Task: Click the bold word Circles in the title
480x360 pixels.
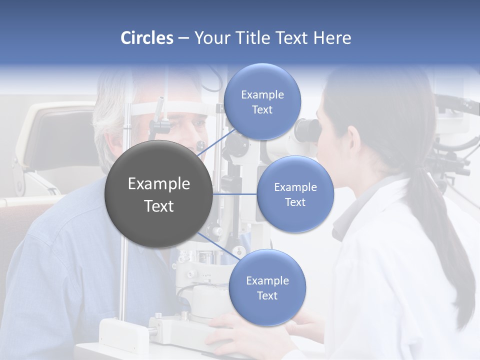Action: click(x=147, y=38)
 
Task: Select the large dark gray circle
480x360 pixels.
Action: click(x=158, y=194)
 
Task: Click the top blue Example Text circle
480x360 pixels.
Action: click(x=262, y=101)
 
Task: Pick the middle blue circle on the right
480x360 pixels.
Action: click(x=295, y=194)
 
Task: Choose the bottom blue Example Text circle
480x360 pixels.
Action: click(x=267, y=287)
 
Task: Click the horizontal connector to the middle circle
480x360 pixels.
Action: click(x=234, y=194)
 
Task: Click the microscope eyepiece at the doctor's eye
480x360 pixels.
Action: click(x=306, y=130)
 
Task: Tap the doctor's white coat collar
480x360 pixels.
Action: click(x=370, y=200)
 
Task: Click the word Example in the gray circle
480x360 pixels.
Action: click(x=158, y=184)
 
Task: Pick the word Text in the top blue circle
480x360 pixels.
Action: click(x=262, y=110)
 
